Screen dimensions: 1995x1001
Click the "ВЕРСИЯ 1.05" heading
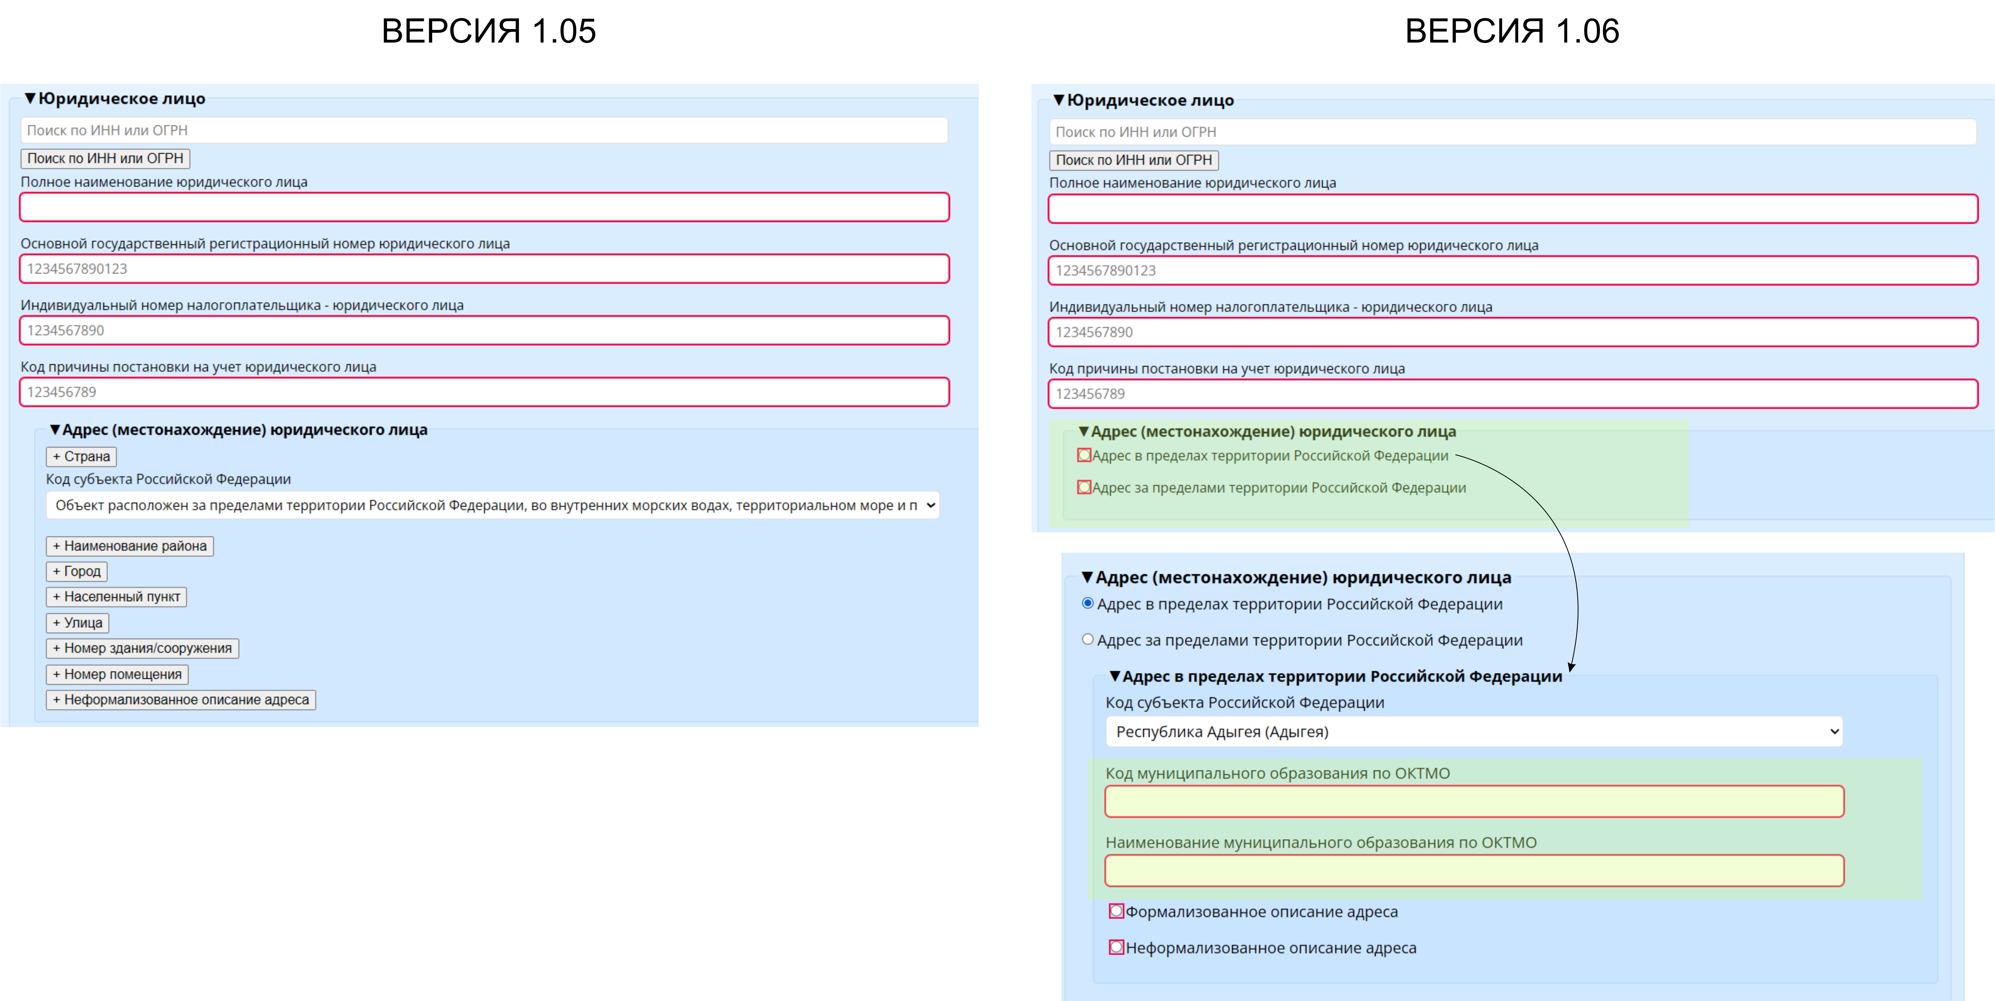[x=489, y=31]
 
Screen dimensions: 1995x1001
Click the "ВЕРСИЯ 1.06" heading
[x=1512, y=31]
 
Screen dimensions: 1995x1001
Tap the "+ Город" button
[x=77, y=571]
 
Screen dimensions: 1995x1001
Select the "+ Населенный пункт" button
[x=116, y=596]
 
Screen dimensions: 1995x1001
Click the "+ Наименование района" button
[x=129, y=545]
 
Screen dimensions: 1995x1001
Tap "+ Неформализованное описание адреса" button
[x=180, y=700]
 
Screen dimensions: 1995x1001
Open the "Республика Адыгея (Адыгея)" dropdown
[x=1474, y=731]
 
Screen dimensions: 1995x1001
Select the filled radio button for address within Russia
[x=1087, y=604]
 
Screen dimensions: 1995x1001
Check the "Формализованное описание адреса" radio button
[x=1116, y=911]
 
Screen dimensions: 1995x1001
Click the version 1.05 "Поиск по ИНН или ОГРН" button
[x=105, y=158]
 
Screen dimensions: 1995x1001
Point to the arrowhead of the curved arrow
[x=1571, y=666]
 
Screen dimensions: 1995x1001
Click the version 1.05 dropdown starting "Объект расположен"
[x=493, y=505]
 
